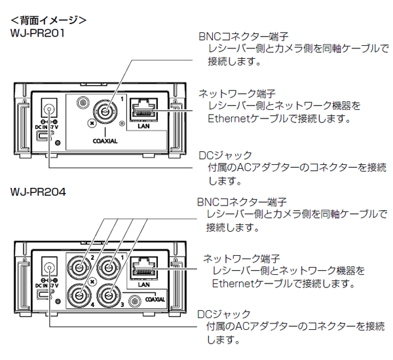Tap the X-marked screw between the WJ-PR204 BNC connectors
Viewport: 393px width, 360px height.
click(93, 280)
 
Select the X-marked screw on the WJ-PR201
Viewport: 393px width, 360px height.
click(92, 122)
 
